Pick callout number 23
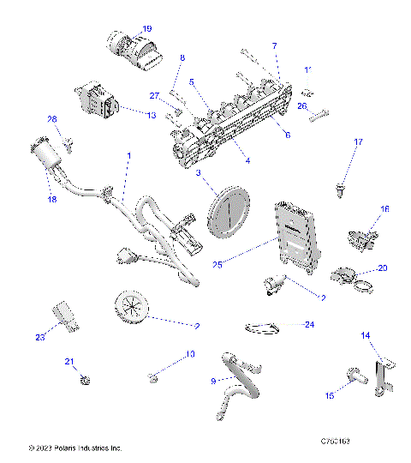(x=40, y=337)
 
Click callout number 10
(x=191, y=353)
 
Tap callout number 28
(x=51, y=119)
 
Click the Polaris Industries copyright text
(x=75, y=447)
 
